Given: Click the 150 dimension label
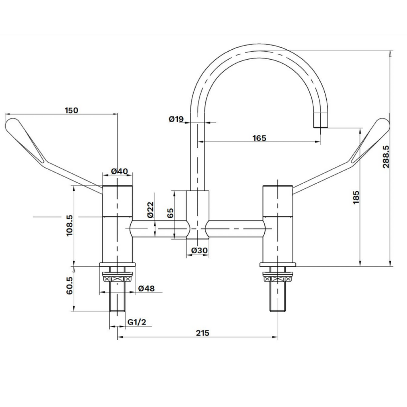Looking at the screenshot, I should tap(72, 110).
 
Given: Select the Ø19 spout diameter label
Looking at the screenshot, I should tap(175, 118).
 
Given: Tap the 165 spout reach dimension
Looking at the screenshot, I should tap(259, 138).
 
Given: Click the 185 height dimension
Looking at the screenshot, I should tap(356, 198).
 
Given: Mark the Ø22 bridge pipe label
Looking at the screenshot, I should tap(150, 209).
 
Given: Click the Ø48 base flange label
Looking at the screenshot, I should tap(146, 289).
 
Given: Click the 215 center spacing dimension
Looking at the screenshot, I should tap(202, 333).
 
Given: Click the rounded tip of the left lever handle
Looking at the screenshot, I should tap(11, 123).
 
